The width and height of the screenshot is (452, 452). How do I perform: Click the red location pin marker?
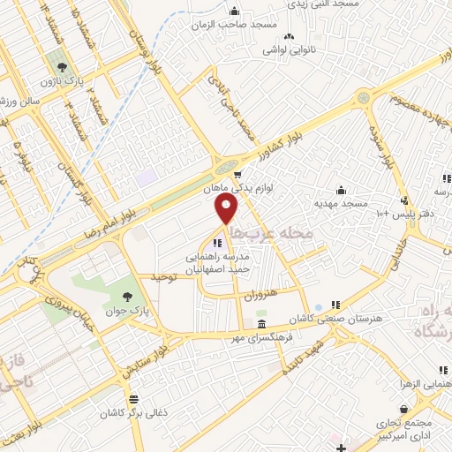coord(227,209)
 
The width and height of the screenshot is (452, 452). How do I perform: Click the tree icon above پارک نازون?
coord(61,67)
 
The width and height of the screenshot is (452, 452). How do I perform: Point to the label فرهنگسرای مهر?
coord(265,338)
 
